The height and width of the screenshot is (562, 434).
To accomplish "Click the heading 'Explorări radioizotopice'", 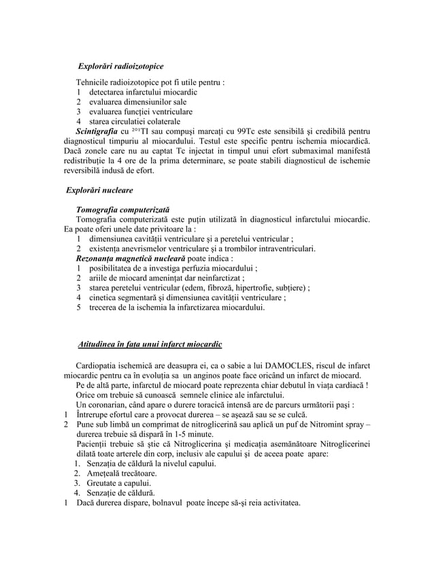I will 120,67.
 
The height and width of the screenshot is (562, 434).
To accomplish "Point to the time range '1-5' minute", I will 165,434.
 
